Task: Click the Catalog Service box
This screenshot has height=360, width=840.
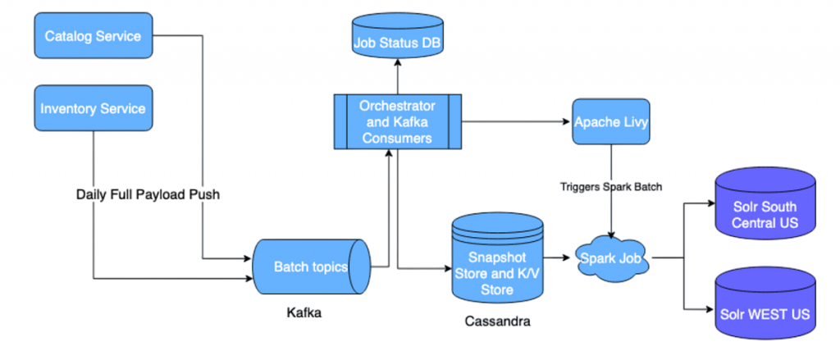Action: [x=93, y=36]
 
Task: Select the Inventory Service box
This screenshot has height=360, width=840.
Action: [x=93, y=108]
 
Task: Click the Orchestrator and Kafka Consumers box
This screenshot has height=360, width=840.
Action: [x=396, y=121]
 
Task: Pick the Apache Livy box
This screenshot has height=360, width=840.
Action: [x=612, y=121]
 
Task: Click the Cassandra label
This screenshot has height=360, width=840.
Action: [x=496, y=321]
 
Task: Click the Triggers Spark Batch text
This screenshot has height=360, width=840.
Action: [x=612, y=186]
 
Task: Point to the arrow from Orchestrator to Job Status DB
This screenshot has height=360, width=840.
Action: [x=396, y=80]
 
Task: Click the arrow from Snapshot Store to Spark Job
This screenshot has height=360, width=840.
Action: [x=559, y=257]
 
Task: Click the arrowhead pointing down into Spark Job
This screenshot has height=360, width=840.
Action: [x=612, y=234]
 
